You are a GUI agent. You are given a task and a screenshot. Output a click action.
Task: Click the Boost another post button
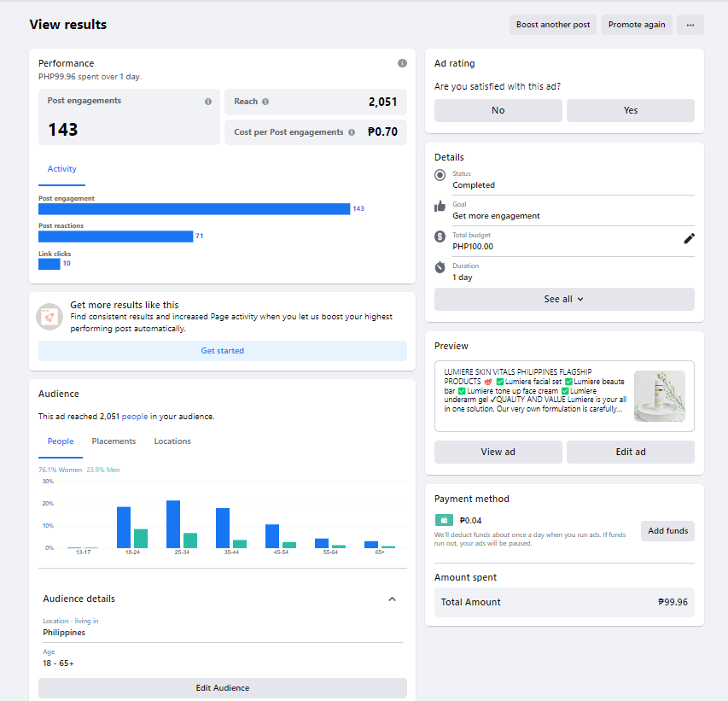[x=553, y=25]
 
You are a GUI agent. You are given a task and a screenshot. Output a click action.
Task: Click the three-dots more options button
[x=690, y=25]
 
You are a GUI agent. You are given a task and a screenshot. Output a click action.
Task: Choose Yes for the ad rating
[x=630, y=110]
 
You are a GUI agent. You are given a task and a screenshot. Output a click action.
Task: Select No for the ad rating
[x=498, y=110]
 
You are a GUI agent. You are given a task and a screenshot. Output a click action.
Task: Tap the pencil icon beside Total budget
[x=690, y=238]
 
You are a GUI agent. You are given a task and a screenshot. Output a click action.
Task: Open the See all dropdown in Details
[x=564, y=299]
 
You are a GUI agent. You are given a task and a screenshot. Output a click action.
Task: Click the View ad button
[x=498, y=452]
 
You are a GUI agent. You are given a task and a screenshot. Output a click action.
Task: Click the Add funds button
[x=667, y=531]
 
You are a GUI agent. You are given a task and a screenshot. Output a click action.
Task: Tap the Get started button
[x=223, y=351]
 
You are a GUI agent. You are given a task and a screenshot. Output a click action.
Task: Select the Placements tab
[x=114, y=441]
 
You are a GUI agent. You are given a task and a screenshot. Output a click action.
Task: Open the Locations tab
[x=172, y=441]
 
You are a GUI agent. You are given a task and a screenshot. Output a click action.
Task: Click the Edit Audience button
[x=223, y=688]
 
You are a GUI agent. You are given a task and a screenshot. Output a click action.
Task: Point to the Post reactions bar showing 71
[x=116, y=237]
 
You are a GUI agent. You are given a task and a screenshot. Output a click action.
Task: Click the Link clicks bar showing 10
[x=50, y=264]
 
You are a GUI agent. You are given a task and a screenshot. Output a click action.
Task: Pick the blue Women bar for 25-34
[x=173, y=524]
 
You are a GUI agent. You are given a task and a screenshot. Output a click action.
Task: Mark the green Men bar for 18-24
[x=141, y=539]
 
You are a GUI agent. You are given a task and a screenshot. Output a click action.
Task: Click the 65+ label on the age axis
[x=379, y=553]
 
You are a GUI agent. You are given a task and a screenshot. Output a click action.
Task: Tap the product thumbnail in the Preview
[x=659, y=396]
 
